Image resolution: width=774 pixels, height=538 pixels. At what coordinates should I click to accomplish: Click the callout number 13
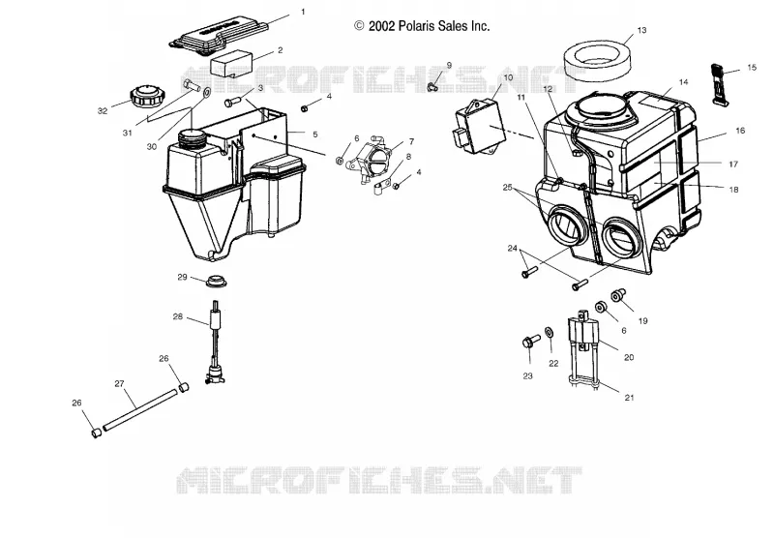pyautogui.click(x=641, y=30)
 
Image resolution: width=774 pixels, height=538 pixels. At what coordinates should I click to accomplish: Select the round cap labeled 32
pyautogui.click(x=146, y=94)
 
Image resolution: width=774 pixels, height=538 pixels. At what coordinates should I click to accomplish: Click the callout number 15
pyautogui.click(x=752, y=67)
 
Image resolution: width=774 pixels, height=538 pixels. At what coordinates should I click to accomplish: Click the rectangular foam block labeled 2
pyautogui.click(x=231, y=63)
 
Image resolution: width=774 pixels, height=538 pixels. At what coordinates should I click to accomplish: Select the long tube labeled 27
pyautogui.click(x=139, y=409)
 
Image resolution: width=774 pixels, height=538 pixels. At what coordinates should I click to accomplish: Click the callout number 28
pyautogui.click(x=178, y=316)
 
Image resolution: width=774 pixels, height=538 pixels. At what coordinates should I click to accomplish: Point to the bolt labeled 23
pyautogui.click(x=530, y=341)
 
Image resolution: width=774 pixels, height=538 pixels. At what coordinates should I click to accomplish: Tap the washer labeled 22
pyautogui.click(x=549, y=333)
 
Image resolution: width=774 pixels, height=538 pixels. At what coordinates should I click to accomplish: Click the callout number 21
pyautogui.click(x=629, y=398)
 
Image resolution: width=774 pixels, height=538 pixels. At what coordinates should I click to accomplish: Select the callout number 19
pyautogui.click(x=642, y=321)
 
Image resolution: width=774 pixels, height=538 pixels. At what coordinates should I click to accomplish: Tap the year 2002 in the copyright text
pyautogui.click(x=382, y=26)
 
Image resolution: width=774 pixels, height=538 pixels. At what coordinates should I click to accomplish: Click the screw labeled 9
pyautogui.click(x=432, y=87)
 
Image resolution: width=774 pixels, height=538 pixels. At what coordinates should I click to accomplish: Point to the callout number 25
pyautogui.click(x=507, y=188)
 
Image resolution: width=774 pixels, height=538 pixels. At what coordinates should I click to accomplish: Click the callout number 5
pyautogui.click(x=315, y=134)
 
